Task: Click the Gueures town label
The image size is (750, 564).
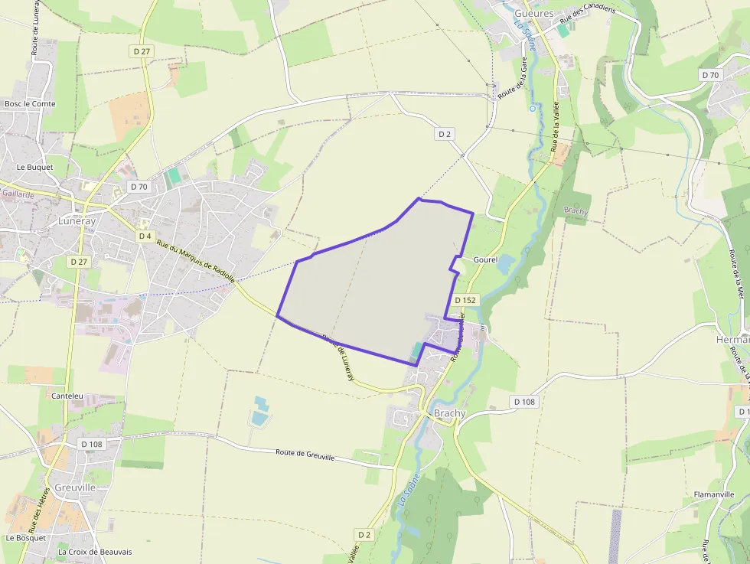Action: (x=533, y=14)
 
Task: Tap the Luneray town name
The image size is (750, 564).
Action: (x=77, y=220)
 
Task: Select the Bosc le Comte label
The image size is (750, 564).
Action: (x=30, y=103)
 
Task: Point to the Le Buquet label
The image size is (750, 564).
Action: (x=35, y=167)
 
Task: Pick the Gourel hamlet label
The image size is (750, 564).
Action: (x=485, y=260)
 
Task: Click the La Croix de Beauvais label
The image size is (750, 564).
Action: (x=95, y=552)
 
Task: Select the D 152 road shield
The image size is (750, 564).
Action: (x=465, y=300)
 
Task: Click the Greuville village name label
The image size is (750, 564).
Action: (x=75, y=487)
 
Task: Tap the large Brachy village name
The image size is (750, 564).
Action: (x=449, y=413)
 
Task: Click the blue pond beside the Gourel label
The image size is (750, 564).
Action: (x=506, y=264)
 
